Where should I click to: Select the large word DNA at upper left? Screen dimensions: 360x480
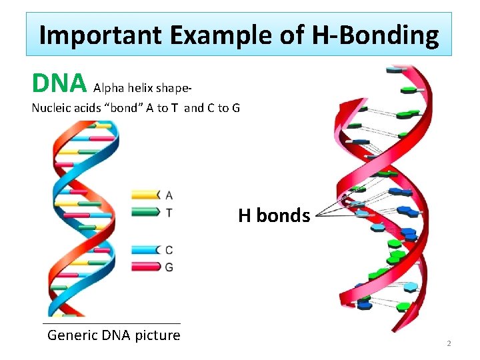click(59, 83)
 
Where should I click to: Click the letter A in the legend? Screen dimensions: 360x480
click(169, 195)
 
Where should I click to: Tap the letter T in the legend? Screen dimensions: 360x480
click(169, 212)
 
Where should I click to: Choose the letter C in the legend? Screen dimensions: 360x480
click(169, 250)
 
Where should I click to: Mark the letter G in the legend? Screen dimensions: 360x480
click(169, 267)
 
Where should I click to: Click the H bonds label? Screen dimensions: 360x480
click(274, 216)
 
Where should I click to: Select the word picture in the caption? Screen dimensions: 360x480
click(157, 335)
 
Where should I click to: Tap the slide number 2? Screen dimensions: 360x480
click(449, 343)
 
